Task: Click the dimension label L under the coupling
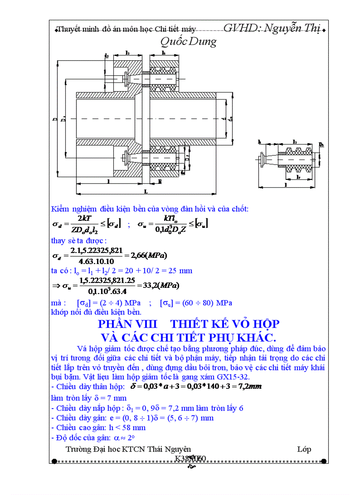pyautogui.click(x=146, y=191)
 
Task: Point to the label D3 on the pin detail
pyautogui.click(x=321, y=145)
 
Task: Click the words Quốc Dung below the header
pyautogui.click(x=188, y=42)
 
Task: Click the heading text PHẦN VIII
pyautogui.click(x=127, y=324)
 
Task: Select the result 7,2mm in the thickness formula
pyautogui.click(x=247, y=387)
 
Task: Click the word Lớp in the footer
pyautogui.click(x=304, y=449)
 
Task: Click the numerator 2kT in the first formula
pyautogui.click(x=84, y=219)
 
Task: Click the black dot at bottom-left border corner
pyautogui.click(x=54, y=462)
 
